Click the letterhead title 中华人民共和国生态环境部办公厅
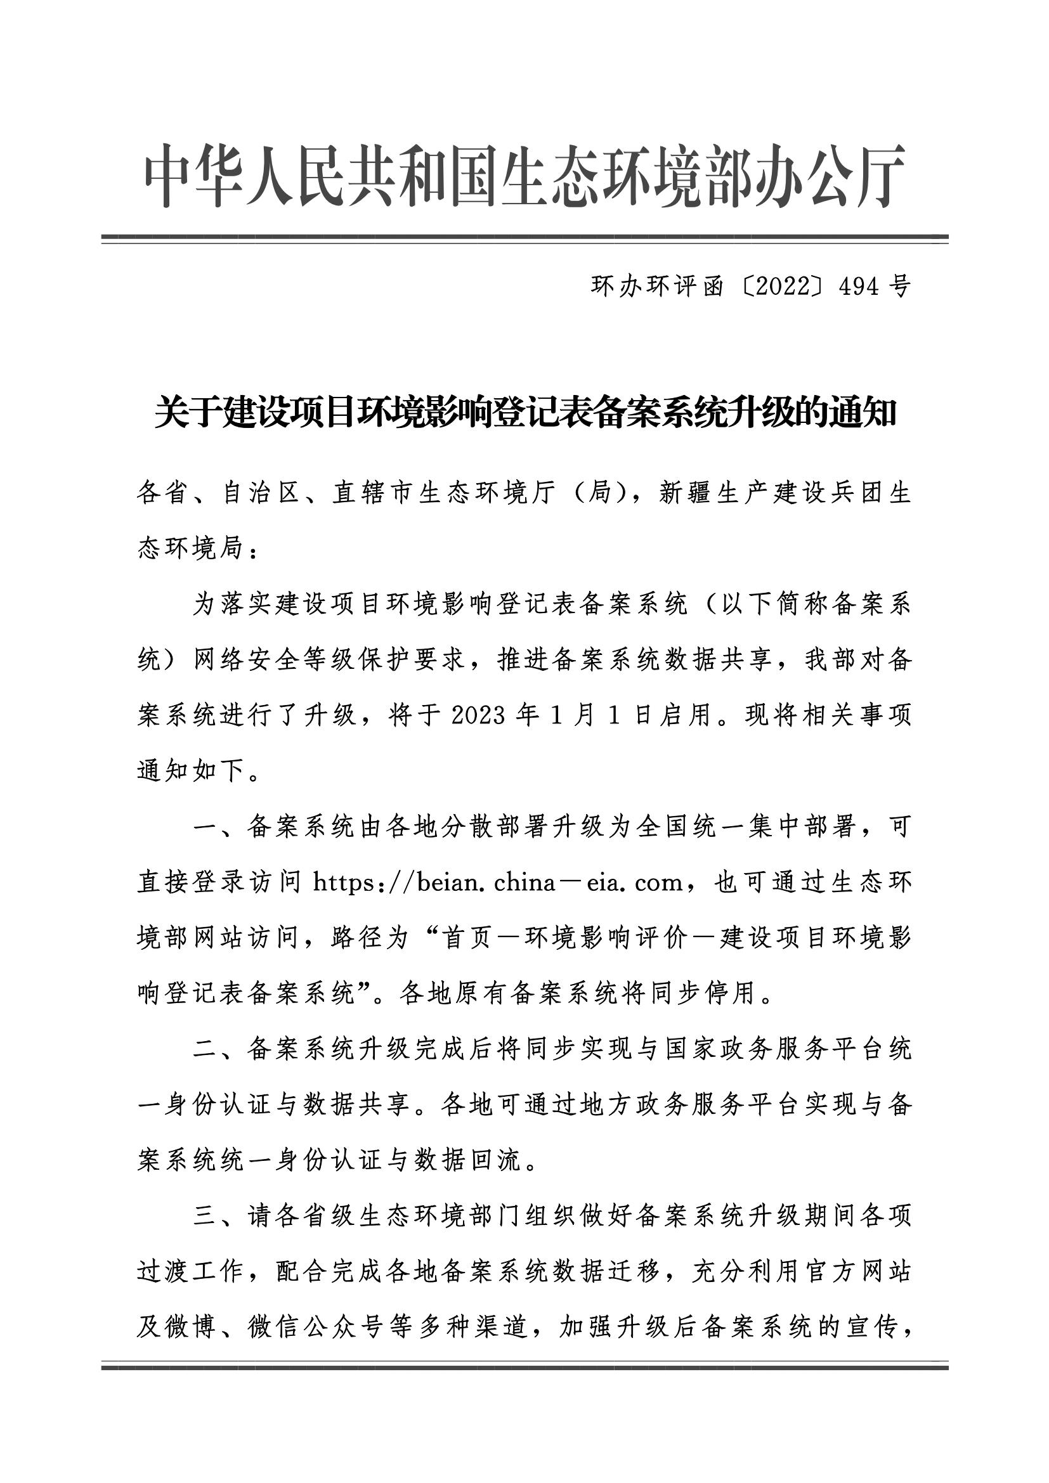[x=524, y=176]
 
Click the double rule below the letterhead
[x=524, y=239]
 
